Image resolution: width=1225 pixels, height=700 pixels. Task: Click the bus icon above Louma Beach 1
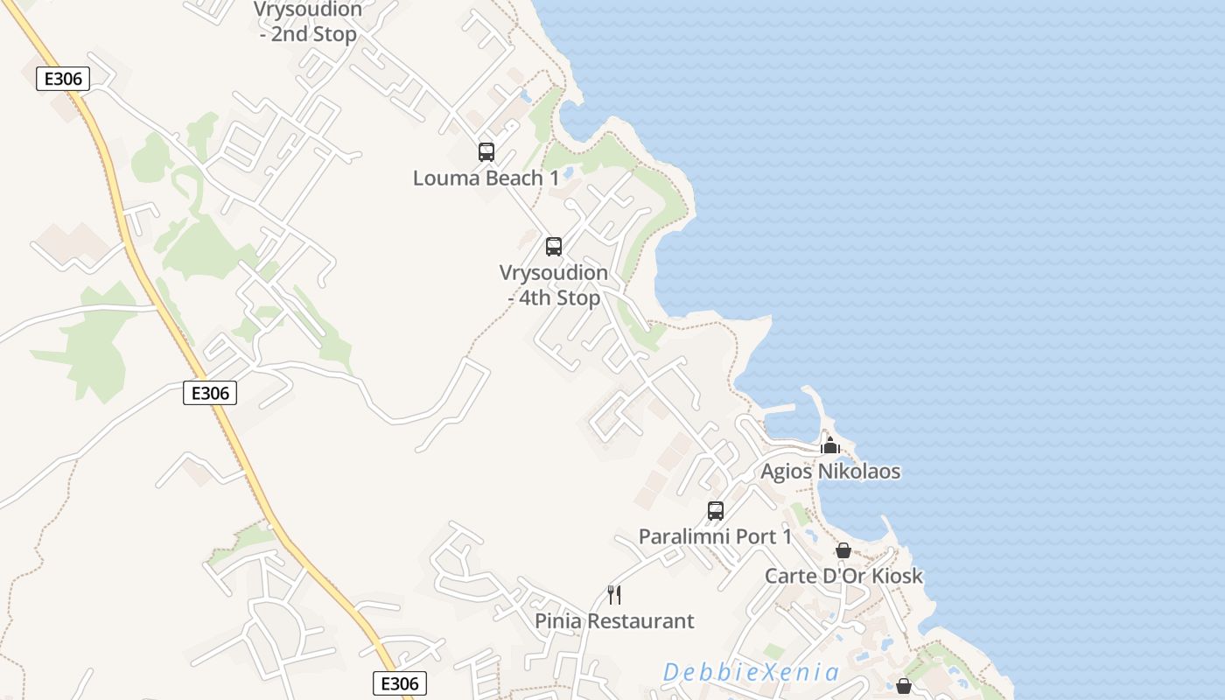coord(486,152)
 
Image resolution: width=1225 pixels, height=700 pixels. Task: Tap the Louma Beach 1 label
coord(486,178)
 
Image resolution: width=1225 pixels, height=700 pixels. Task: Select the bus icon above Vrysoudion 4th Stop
coord(554,247)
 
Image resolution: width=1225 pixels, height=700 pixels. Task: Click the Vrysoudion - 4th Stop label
coord(554,285)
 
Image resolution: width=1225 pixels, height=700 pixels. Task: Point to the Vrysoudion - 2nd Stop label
coord(308,22)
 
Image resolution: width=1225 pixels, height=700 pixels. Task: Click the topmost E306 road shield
coord(64,79)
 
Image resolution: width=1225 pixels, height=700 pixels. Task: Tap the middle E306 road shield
coord(210,393)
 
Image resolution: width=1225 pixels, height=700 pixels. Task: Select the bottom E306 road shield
coord(400,683)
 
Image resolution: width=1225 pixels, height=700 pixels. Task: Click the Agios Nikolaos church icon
coord(830,446)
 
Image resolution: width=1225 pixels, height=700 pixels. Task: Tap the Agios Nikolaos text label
coord(830,472)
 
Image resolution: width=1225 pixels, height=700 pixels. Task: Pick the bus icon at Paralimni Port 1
coord(716,511)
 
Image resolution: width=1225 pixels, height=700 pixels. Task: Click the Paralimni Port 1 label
coord(715,536)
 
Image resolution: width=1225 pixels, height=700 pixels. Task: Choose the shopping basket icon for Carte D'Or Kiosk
coord(843,550)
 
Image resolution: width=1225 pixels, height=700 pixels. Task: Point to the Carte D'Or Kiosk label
coord(843,576)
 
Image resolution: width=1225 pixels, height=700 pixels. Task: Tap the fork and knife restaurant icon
coord(615,595)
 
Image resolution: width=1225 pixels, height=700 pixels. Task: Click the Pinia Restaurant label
coord(614,621)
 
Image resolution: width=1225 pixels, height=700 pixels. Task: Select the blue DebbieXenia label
coord(751,673)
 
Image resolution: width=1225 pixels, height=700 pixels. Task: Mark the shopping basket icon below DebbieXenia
coord(904,686)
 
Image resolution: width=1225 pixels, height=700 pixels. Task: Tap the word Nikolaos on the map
coord(858,472)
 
